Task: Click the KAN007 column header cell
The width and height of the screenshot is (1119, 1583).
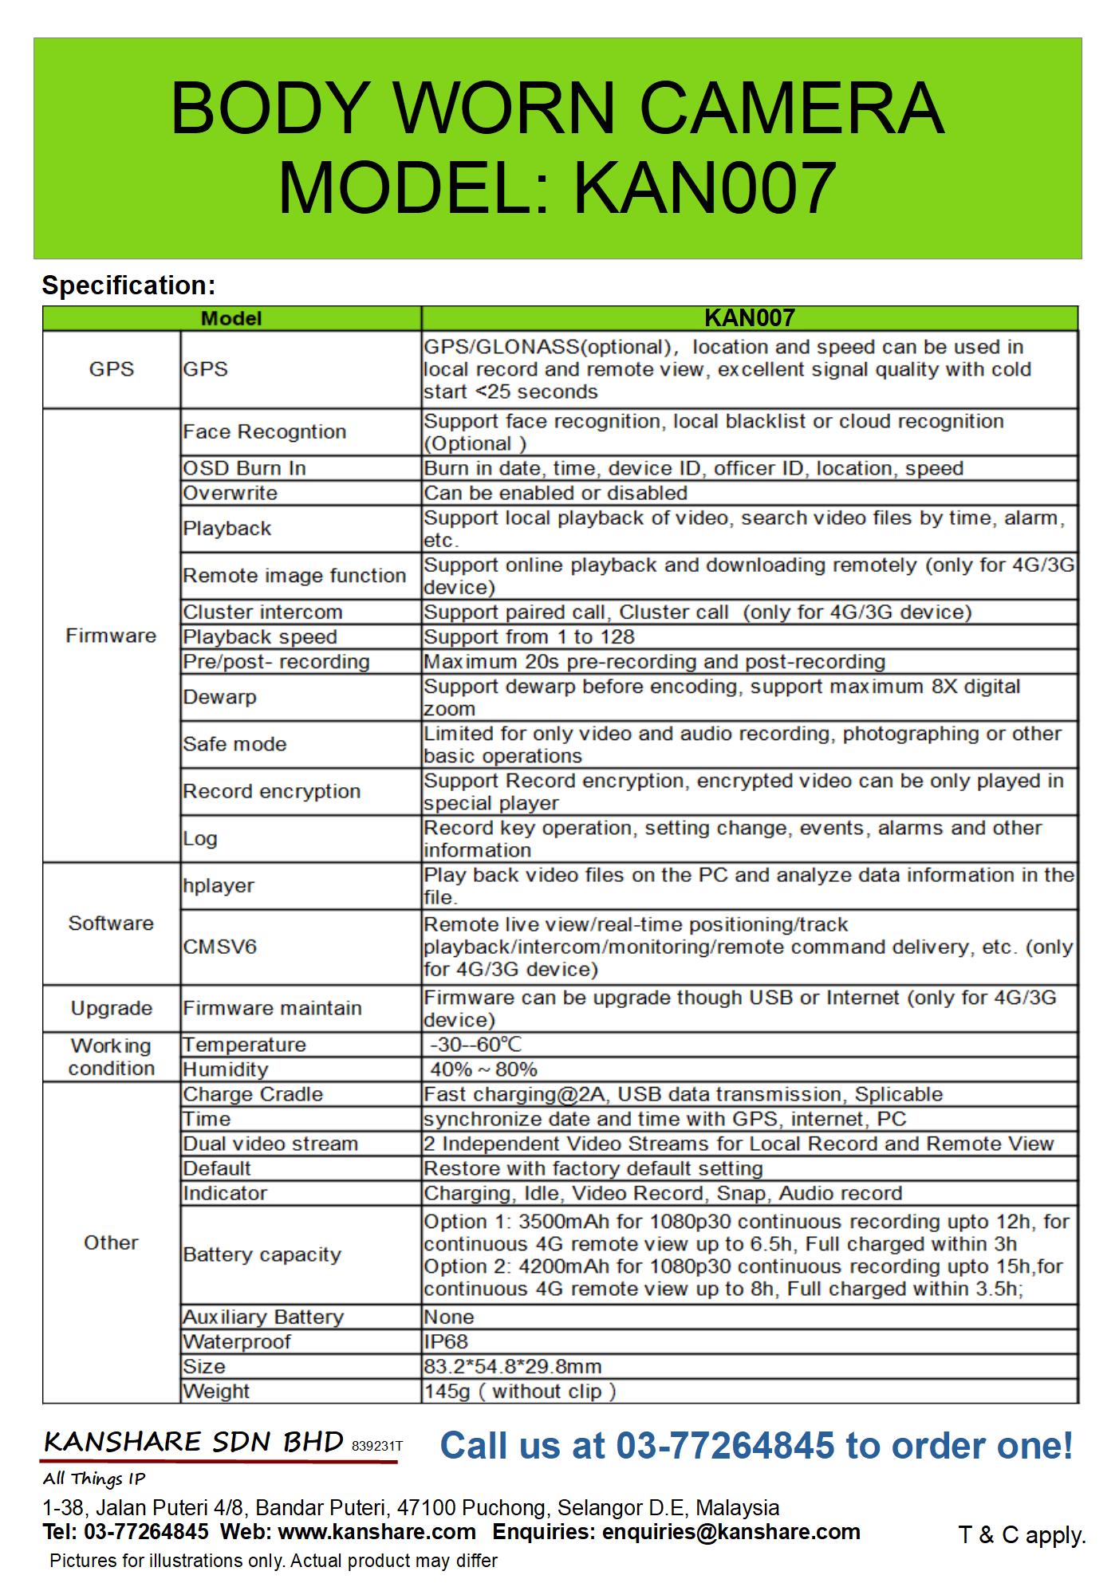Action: [749, 318]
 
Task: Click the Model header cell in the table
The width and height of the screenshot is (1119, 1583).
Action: [231, 319]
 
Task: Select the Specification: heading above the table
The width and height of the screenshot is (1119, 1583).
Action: [128, 285]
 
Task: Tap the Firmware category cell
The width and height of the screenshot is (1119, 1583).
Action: [111, 636]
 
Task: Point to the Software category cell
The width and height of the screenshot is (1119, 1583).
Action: [111, 923]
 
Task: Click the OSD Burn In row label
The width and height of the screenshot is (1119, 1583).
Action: [244, 468]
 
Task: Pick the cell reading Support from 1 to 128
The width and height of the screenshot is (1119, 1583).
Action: [529, 636]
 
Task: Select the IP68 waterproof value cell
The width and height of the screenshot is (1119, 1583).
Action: [446, 1341]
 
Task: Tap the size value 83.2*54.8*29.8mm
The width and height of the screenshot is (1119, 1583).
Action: [512, 1366]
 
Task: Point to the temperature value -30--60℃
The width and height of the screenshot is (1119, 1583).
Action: [476, 1045]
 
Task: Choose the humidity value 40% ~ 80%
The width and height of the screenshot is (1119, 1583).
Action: [483, 1069]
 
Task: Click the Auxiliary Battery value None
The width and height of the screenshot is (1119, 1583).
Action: [449, 1317]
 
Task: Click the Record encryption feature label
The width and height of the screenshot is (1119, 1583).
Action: [271, 791]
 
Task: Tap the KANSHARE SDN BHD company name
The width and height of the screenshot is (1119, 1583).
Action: [194, 1442]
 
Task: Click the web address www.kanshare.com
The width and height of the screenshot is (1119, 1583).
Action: [376, 1531]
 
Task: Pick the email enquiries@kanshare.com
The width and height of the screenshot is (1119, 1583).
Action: [731, 1531]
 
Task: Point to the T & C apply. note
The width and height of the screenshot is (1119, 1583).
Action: [1022, 1534]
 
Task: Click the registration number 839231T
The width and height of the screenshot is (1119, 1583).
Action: [377, 1446]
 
